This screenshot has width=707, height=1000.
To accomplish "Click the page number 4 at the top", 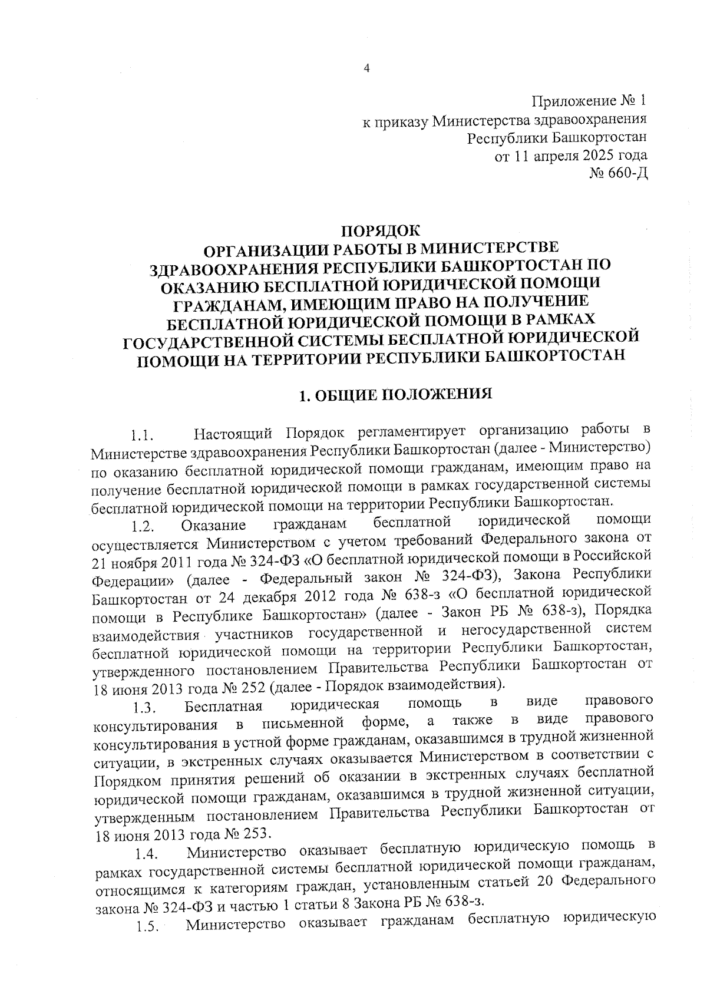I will (366, 68).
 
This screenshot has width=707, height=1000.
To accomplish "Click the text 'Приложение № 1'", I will (589, 101).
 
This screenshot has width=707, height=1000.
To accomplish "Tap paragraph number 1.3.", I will (144, 707).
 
